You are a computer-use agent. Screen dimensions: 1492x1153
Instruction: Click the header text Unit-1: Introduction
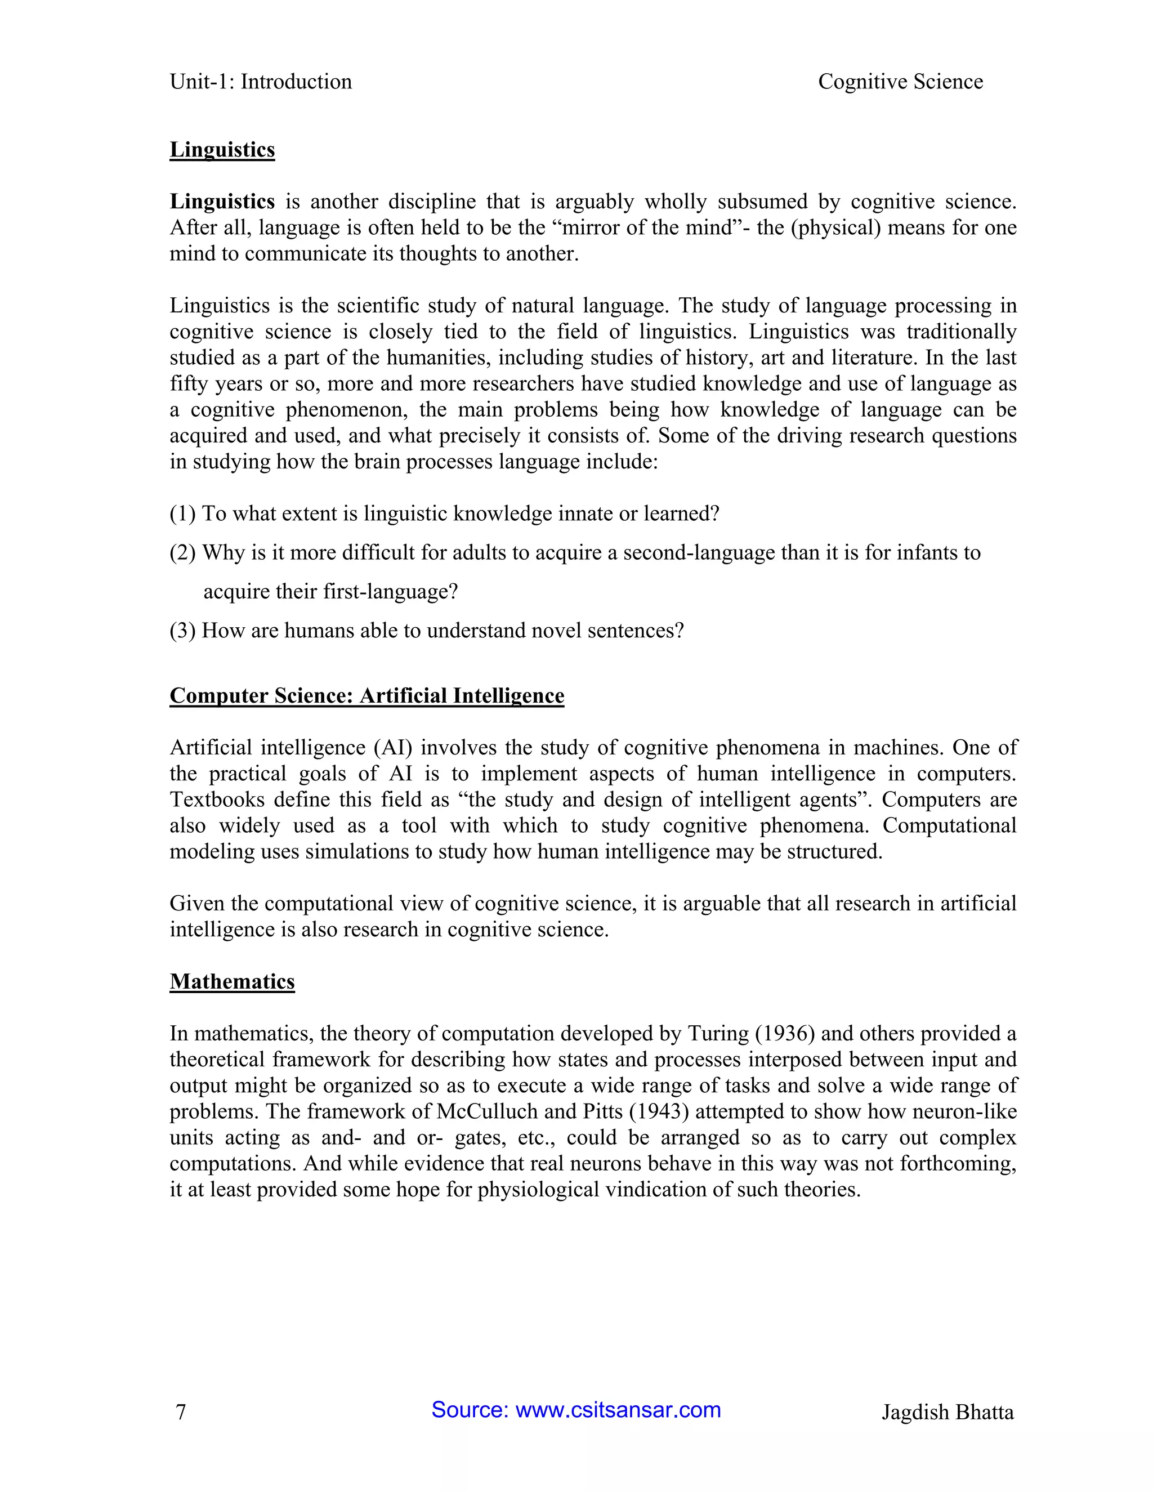click(x=260, y=82)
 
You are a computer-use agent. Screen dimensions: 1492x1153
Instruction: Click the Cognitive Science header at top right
click(x=900, y=82)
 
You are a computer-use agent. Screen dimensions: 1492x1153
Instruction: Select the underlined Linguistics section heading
click(x=222, y=150)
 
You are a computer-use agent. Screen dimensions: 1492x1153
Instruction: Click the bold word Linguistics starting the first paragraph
click(x=222, y=202)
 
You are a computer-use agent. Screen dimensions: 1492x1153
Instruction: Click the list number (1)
click(x=182, y=513)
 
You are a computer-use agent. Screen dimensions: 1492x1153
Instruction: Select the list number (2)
click(x=182, y=553)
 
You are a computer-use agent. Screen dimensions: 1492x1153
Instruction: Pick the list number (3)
click(x=182, y=631)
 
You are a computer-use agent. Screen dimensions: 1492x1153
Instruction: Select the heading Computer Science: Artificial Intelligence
click(x=367, y=695)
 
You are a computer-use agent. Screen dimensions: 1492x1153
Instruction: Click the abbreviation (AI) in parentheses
click(x=393, y=747)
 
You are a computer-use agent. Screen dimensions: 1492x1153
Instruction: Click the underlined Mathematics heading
click(x=233, y=982)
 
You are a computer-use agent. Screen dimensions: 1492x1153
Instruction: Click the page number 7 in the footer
click(x=181, y=1412)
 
